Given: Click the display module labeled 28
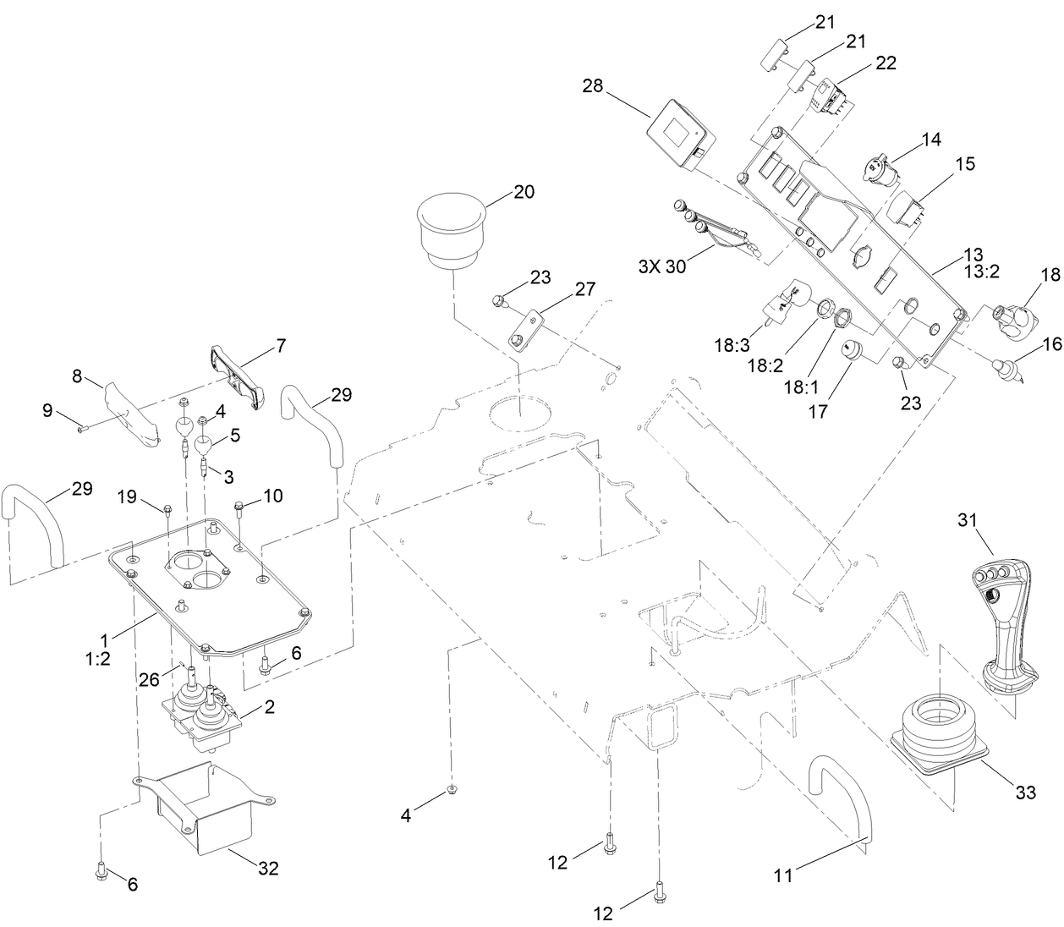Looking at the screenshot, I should pyautogui.click(x=680, y=136).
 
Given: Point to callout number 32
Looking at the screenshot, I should pyautogui.click(x=268, y=868).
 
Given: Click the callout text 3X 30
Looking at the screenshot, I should pyautogui.click(x=663, y=266).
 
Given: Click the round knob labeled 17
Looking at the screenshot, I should pyautogui.click(x=849, y=351).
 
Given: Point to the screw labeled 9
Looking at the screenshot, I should pyautogui.click(x=81, y=428).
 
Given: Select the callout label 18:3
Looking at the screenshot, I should pyautogui.click(x=732, y=345).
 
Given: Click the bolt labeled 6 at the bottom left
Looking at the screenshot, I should pyautogui.click(x=101, y=868).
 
